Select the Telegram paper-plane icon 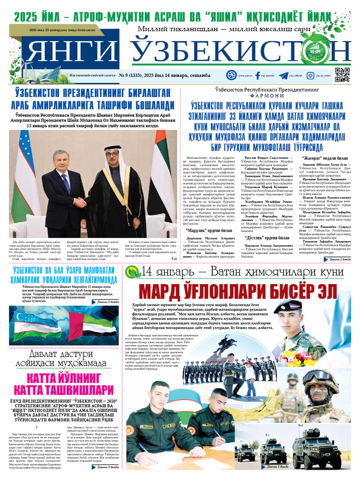(283, 75)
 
